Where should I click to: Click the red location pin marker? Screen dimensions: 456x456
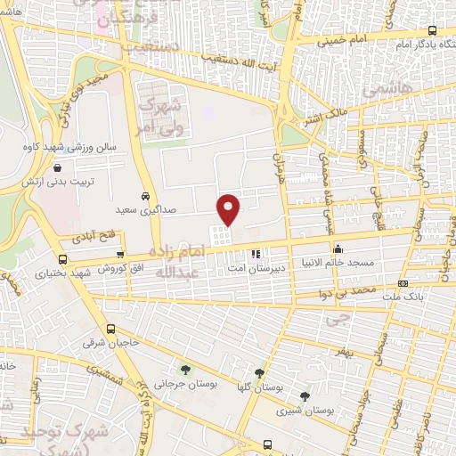pyautogui.click(x=229, y=208)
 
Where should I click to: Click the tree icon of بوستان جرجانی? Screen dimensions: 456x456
pyautogui.click(x=185, y=370)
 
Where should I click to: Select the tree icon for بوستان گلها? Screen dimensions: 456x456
pyautogui.click(x=259, y=373)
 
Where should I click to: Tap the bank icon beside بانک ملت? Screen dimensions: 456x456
pyautogui.click(x=403, y=284)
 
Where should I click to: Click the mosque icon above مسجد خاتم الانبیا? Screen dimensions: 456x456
pyautogui.click(x=337, y=249)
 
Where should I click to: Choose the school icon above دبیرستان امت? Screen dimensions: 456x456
pyautogui.click(x=256, y=254)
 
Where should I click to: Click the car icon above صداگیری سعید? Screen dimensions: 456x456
pyautogui.click(x=145, y=196)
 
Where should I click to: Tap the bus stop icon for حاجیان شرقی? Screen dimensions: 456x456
pyautogui.click(x=110, y=328)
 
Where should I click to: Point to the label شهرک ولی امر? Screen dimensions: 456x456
pyautogui.click(x=164, y=117)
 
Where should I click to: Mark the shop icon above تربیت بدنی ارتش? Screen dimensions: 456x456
pyautogui.click(x=58, y=167)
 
